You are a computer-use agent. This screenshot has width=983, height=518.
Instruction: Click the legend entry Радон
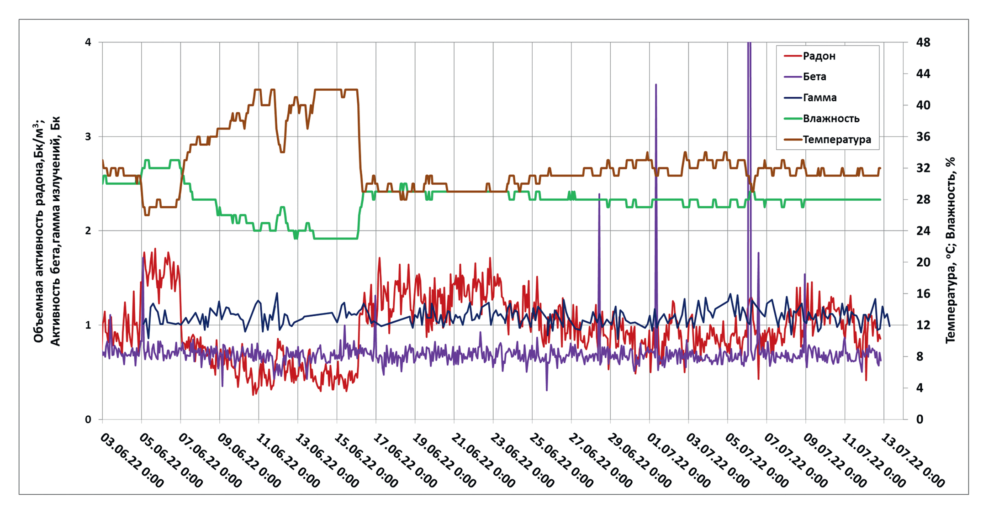(x=819, y=56)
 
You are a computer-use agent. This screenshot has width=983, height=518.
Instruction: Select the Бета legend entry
(x=814, y=77)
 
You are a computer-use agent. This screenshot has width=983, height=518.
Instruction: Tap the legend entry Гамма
(x=819, y=98)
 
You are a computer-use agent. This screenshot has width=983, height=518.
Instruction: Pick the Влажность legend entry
(x=830, y=119)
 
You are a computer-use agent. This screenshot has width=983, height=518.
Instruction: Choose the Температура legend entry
(x=836, y=140)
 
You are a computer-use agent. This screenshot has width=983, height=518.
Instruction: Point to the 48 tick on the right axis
(x=923, y=42)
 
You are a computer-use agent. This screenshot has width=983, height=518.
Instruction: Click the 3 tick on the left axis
(x=88, y=136)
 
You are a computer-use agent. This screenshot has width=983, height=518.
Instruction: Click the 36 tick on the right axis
(x=923, y=136)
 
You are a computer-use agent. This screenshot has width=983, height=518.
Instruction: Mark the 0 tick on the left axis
(x=88, y=419)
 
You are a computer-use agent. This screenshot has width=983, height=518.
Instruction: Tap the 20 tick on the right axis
(x=923, y=262)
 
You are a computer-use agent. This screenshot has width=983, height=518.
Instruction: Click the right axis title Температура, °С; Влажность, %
(x=950, y=250)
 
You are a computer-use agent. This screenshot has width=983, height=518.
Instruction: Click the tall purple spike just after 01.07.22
(x=656, y=87)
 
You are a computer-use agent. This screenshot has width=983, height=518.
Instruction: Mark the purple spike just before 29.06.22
(x=599, y=196)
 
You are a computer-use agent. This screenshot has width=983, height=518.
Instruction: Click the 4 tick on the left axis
(x=88, y=42)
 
